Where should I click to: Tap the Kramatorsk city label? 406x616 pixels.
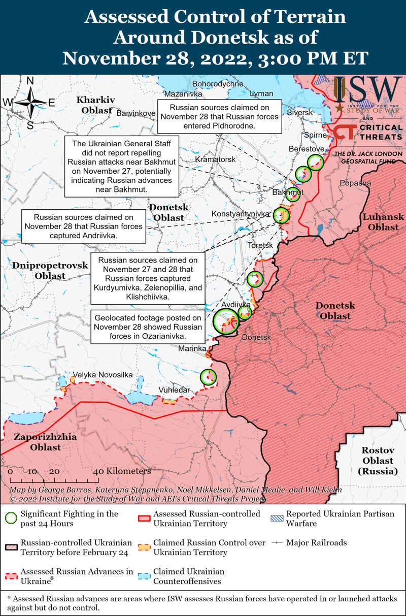tap(216, 159)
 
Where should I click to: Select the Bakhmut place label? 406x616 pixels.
tap(287, 192)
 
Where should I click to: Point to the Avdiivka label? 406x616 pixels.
tap(236, 305)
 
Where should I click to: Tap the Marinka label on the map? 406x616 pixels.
tap(192, 349)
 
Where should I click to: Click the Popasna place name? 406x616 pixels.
tap(356, 183)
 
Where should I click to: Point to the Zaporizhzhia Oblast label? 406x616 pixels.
tap(45, 442)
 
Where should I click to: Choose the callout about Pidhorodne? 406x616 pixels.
tap(219, 117)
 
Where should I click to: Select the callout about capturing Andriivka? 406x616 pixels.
tap(83, 226)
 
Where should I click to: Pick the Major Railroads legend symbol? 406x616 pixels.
tap(277, 543)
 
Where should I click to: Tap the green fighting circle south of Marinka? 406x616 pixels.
tap(208, 377)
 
